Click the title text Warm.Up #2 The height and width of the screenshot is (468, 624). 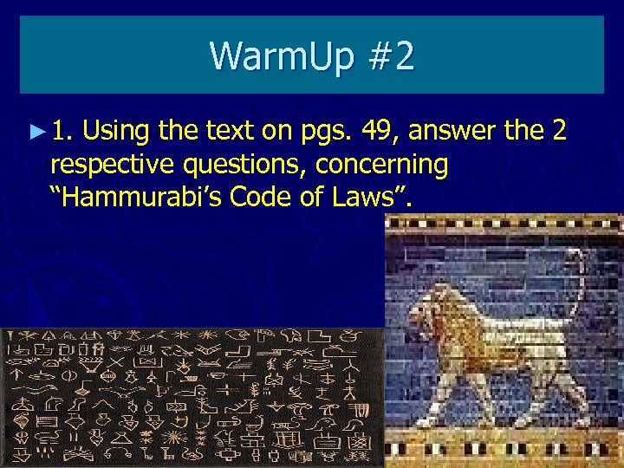pos(312,56)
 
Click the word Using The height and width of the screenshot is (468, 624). pos(116,132)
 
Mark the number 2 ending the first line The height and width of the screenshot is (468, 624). pos(558,132)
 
